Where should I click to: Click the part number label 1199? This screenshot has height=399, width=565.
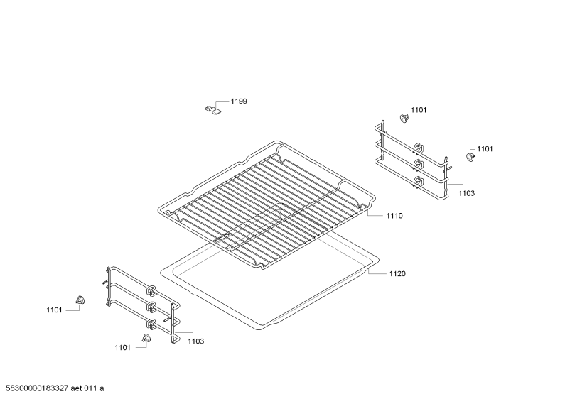pyautogui.click(x=239, y=102)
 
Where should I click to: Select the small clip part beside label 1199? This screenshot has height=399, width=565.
pyautogui.click(x=212, y=110)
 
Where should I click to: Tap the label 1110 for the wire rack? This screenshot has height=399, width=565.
pyautogui.click(x=394, y=216)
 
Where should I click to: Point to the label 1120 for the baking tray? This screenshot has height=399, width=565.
pyautogui.click(x=397, y=273)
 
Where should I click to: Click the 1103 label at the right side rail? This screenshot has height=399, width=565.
pyautogui.click(x=466, y=193)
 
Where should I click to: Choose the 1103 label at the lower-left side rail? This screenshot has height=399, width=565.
pyautogui.click(x=195, y=341)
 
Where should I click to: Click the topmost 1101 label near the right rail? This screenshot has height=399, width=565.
pyautogui.click(x=419, y=110)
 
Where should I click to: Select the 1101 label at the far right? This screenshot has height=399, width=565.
pyautogui.click(x=485, y=149)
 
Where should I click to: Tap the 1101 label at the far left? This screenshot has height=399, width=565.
pyautogui.click(x=54, y=310)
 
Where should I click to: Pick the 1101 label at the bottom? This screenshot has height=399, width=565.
pyautogui.click(x=122, y=347)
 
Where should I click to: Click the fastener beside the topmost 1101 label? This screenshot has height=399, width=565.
pyautogui.click(x=404, y=117)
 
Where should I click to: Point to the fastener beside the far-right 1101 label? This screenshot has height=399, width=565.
pyautogui.click(x=470, y=157)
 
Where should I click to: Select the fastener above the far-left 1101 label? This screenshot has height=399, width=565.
pyautogui.click(x=80, y=300)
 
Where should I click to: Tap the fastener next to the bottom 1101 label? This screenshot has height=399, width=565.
pyautogui.click(x=146, y=338)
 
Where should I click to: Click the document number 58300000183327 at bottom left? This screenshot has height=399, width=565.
pyautogui.click(x=35, y=388)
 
